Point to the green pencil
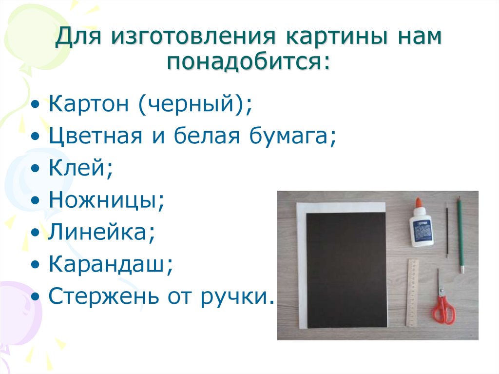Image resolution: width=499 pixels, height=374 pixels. tap(460, 235)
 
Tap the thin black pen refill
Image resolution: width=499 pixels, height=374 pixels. tap(447, 231)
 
